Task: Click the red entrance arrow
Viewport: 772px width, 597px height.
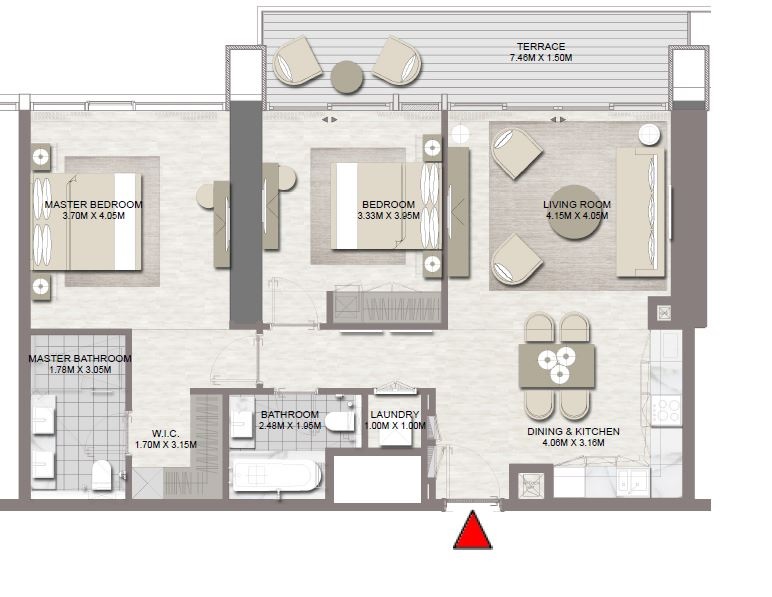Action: pyautogui.click(x=473, y=530)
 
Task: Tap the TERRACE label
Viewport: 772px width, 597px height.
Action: pyautogui.click(x=540, y=47)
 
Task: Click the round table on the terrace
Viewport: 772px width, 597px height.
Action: pyautogui.click(x=347, y=77)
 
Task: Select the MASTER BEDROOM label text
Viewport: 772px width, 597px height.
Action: pyautogui.click(x=93, y=204)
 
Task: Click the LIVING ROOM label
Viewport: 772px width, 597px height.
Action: pyautogui.click(x=577, y=205)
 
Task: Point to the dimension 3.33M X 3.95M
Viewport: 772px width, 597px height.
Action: pyautogui.click(x=389, y=216)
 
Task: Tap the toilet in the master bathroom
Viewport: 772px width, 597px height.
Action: pyautogui.click(x=102, y=473)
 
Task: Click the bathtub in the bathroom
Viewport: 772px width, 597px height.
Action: pyautogui.click(x=275, y=474)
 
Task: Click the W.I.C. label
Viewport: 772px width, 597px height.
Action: pyautogui.click(x=165, y=433)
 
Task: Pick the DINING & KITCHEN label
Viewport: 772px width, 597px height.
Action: pyautogui.click(x=573, y=432)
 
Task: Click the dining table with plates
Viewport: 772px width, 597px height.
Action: pyautogui.click(x=557, y=365)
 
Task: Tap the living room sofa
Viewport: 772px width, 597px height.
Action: pyautogui.click(x=640, y=211)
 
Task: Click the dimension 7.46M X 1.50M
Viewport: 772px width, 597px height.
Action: pyautogui.click(x=540, y=59)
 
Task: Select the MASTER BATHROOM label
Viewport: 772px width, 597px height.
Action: pyautogui.click(x=80, y=358)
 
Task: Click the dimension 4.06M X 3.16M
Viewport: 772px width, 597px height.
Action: pyautogui.click(x=573, y=443)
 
